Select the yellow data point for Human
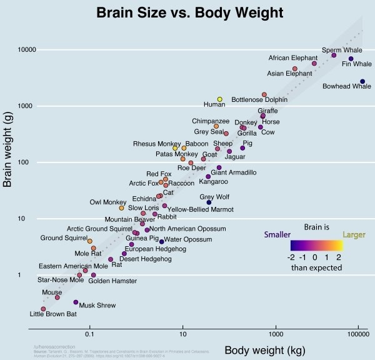click(220, 99)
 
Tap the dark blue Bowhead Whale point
click(362, 81)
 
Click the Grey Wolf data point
click(209, 202)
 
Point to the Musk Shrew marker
click(76, 302)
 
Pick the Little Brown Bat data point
click(43, 309)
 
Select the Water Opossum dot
click(161, 241)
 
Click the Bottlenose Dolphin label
click(259, 99)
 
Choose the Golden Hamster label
click(112, 281)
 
